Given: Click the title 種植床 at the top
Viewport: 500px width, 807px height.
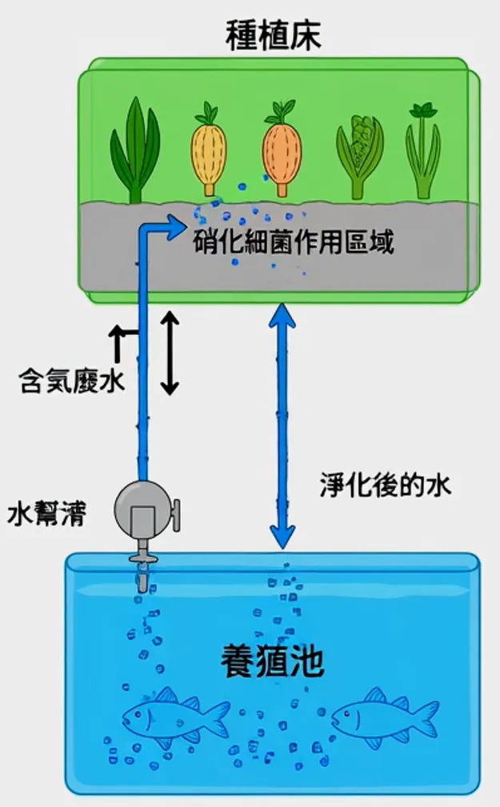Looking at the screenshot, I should pos(274,35).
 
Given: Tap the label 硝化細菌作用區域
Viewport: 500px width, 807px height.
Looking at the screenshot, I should pos(294,242).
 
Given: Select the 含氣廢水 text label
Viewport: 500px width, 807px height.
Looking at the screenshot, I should pos(72,382).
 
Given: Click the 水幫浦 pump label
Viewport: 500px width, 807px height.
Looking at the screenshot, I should pos(47,513).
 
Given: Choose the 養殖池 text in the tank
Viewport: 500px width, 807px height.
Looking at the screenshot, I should pos(272,661).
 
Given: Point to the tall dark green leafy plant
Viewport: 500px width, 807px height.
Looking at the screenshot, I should pos(135,152).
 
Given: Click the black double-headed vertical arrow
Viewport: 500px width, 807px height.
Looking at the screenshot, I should pos(169,354).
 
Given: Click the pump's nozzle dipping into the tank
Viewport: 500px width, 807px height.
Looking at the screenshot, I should pos(141,570).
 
